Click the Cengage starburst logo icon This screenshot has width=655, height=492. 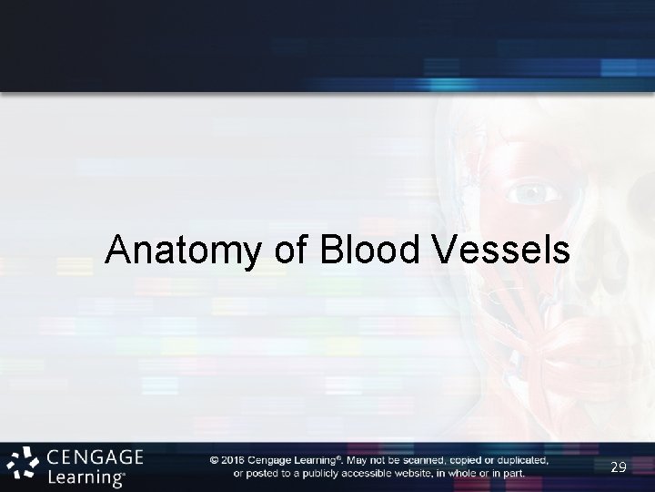[x=22, y=464]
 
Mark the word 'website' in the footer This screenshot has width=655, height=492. [x=421, y=473]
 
